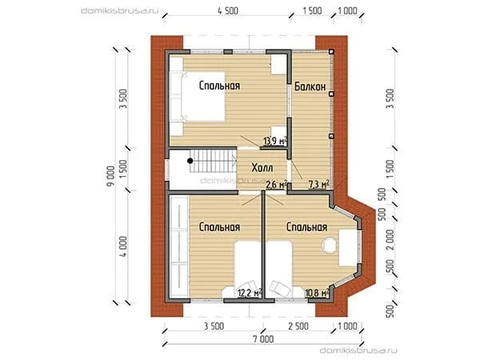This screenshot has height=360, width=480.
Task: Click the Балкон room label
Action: coord(310,86)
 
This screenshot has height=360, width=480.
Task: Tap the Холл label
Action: coord(262,168)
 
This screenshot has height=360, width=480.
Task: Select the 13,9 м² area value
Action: coord(275,141)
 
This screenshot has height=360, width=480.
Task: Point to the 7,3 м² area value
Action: coord(318,184)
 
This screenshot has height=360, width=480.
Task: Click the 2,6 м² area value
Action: coord(276,184)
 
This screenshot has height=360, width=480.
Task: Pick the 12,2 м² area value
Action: coord(250,293)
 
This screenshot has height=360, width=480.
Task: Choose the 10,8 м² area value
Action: coord(317,293)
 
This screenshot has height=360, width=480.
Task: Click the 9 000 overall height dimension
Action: coord(110,176)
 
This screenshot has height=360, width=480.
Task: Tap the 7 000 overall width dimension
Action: coord(263,339)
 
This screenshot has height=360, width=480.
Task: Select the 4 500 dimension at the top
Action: coord(228,11)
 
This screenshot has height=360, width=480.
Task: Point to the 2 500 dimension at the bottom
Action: coord(298,326)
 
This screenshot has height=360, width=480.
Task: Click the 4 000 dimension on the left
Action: coord(122,246)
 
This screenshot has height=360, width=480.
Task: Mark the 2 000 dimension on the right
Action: coord(390,239)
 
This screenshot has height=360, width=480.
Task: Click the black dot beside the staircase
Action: coord(190,160)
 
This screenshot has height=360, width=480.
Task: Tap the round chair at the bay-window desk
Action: coord(329,245)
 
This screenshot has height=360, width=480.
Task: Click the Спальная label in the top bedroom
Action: coord(219,86)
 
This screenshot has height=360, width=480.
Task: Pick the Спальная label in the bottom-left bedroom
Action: coord(219,227)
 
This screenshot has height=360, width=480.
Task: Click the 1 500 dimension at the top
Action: coord(312,11)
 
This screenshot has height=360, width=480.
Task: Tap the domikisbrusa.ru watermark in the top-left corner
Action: coord(120,11)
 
